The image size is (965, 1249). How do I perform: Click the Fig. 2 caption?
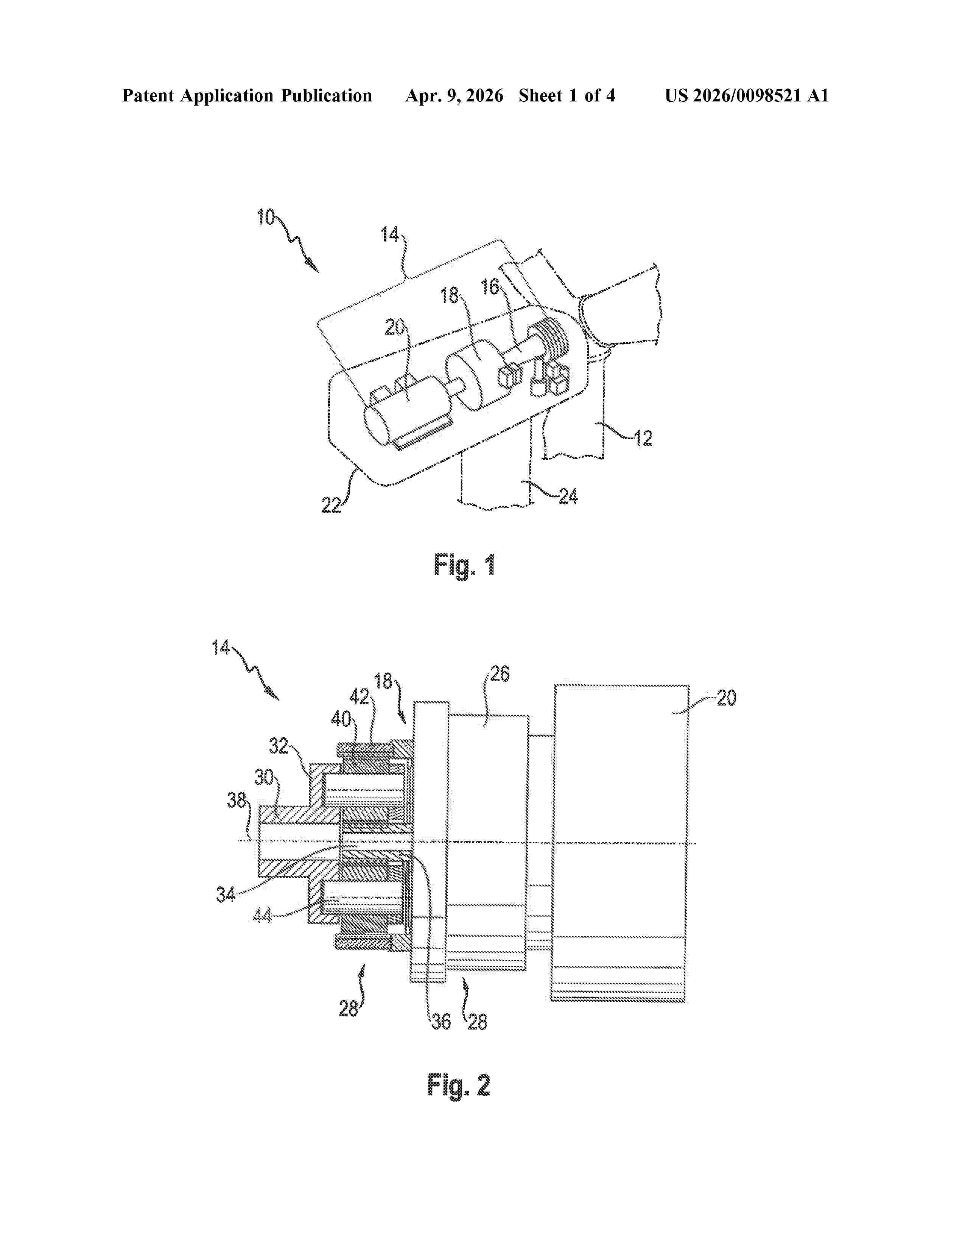(459, 1085)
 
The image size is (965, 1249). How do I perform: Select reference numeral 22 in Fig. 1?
(331, 505)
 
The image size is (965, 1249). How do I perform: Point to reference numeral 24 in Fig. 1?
(568, 496)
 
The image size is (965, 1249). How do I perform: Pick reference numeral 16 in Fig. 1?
(490, 287)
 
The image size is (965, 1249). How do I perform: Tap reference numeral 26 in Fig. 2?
(500, 674)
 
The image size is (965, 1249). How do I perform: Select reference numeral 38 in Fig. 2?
(237, 800)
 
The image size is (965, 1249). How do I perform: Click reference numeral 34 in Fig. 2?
(225, 894)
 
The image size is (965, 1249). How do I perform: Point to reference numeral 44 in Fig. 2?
(262, 916)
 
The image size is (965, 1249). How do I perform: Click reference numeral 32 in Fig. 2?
(279, 746)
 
